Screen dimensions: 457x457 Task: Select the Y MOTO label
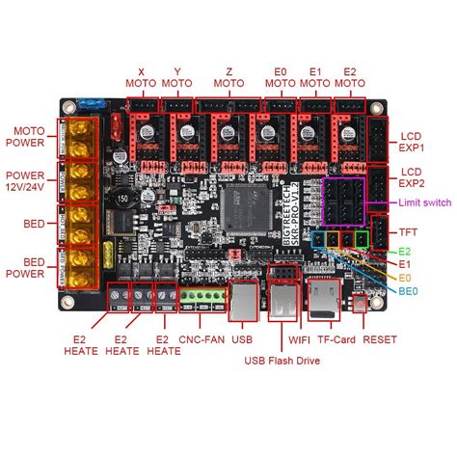point(177,77)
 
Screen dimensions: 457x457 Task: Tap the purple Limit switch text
point(423,202)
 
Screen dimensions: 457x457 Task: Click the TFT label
point(409,231)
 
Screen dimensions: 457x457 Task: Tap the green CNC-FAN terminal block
point(199,297)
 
